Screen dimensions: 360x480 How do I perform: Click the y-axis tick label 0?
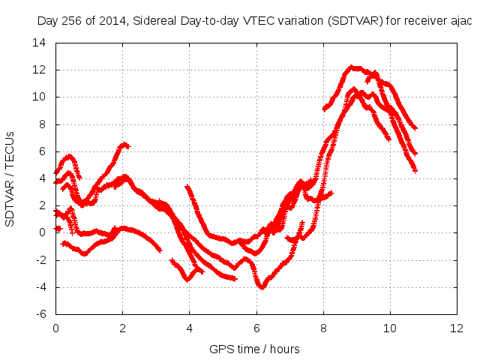click(x=43, y=232)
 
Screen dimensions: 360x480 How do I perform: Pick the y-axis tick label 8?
click(x=43, y=124)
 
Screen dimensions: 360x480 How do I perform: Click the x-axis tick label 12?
click(x=457, y=328)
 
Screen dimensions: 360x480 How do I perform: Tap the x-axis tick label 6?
click(x=256, y=328)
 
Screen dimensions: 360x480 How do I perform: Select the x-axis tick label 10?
click(x=390, y=328)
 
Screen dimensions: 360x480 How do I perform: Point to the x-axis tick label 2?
click(x=122, y=328)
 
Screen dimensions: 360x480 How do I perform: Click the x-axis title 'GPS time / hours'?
click(x=256, y=349)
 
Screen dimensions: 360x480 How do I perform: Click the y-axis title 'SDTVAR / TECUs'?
click(x=10, y=178)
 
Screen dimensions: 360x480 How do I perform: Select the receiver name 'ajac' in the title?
click(x=459, y=21)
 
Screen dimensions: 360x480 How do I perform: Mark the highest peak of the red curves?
click(x=352, y=67)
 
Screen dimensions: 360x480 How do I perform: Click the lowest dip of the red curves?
click(x=262, y=287)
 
